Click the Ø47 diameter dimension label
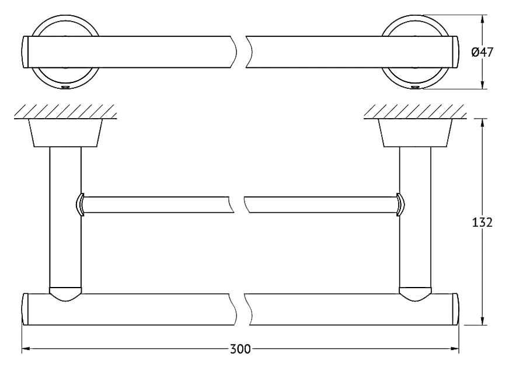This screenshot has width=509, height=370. [482, 52]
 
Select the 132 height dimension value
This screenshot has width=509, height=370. [482, 222]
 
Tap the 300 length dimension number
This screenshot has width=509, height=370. [240, 349]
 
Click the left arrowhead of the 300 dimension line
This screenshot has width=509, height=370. [26, 349]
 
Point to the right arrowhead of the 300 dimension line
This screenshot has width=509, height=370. [455, 349]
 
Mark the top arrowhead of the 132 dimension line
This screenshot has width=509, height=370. [483, 123]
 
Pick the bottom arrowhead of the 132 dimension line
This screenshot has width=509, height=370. [483, 320]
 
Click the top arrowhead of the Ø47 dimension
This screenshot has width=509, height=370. [483, 19]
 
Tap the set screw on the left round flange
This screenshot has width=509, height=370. [66, 88]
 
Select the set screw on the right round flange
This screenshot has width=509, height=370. [415, 88]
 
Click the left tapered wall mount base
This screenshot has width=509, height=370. [65, 133]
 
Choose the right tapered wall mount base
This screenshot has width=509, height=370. [415, 133]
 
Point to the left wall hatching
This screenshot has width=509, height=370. [65, 112]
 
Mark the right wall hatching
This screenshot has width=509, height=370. [415, 112]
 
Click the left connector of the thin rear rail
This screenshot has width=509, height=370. [80, 205]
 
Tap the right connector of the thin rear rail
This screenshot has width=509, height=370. [400, 205]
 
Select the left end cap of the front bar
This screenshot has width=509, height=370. [25, 309]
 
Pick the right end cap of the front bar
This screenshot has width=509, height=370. [456, 309]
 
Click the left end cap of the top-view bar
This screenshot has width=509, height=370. [25, 52]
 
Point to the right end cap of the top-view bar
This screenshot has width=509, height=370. [456, 52]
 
